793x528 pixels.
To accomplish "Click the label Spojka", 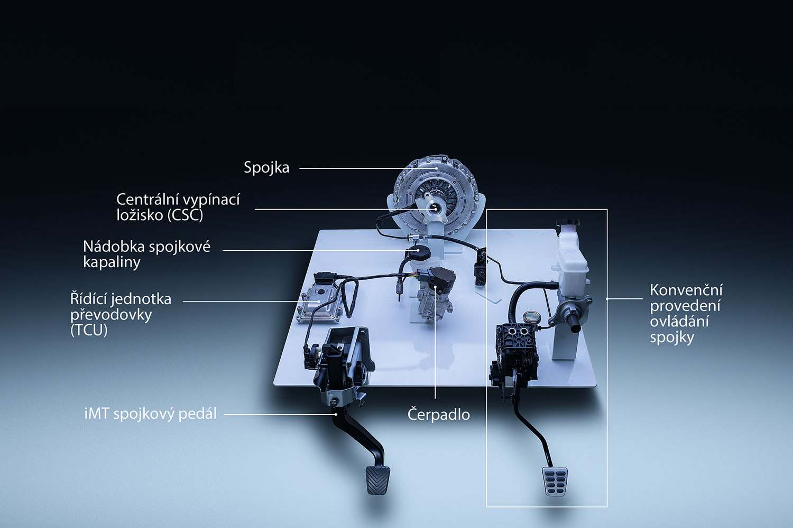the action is click(x=266, y=168).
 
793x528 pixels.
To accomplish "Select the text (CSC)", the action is click(x=185, y=215).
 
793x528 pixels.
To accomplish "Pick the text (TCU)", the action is click(x=89, y=331).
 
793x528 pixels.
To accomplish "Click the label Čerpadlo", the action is click(x=438, y=414).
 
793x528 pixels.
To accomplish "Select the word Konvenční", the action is click(x=686, y=290).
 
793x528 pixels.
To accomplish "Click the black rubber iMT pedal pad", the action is click(x=377, y=480).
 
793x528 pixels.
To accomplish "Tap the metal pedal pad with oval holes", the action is click(x=555, y=482).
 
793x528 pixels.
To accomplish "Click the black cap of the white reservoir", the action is click(x=568, y=223).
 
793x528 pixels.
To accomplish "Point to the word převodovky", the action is click(x=111, y=315).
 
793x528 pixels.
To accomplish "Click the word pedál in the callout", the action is click(x=198, y=414).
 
